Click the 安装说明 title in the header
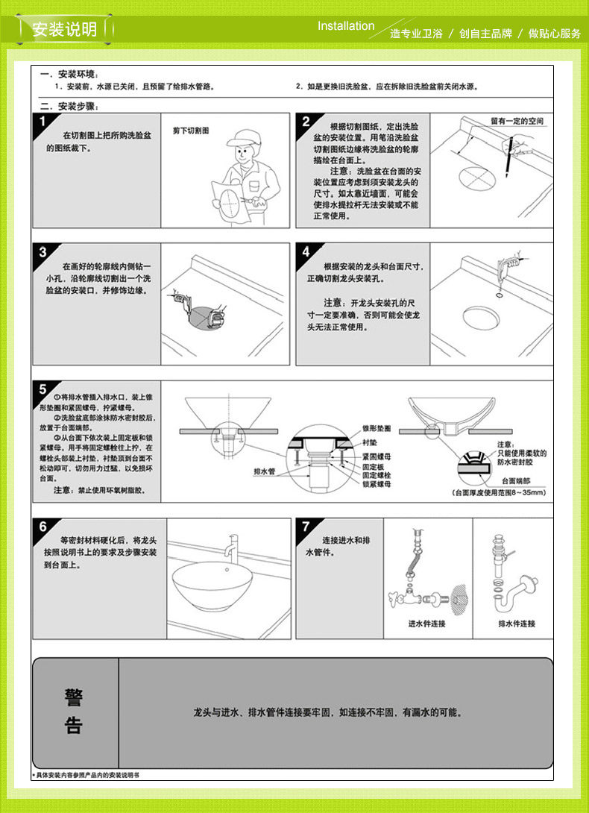65,31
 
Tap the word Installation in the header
346,26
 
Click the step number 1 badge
42,122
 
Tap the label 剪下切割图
191,131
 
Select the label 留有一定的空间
517,121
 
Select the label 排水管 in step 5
265,472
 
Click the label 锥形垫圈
377,429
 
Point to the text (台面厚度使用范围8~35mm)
500,493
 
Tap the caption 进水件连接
426,624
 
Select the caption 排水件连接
517,624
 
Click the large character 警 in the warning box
73,697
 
